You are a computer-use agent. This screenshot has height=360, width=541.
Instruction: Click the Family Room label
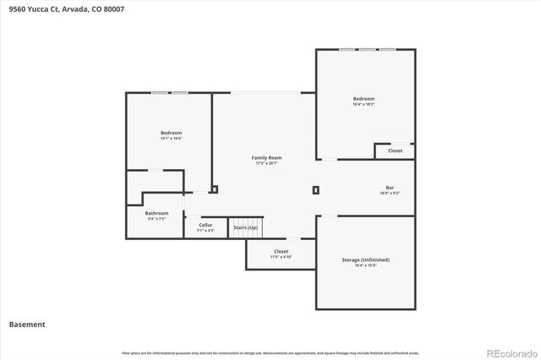click(266, 157)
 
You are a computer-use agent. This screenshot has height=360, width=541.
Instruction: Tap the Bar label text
click(390, 187)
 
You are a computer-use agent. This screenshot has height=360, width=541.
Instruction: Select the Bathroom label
click(156, 213)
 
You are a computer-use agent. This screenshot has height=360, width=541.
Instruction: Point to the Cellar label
click(205, 224)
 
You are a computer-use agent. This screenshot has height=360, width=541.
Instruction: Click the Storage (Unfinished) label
click(365, 259)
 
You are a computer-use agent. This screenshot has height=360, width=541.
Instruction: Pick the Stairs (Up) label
click(245, 228)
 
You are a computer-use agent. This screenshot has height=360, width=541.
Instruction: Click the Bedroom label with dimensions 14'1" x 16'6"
click(171, 133)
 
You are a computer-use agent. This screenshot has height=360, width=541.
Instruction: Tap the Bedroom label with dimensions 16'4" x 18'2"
click(364, 99)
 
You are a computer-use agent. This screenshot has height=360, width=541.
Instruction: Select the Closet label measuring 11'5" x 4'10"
click(281, 251)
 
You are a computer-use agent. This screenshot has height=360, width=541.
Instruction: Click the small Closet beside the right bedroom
click(395, 150)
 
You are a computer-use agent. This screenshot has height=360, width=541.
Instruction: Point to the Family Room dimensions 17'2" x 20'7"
click(266, 163)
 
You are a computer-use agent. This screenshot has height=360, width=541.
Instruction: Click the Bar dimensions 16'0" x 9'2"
click(390, 193)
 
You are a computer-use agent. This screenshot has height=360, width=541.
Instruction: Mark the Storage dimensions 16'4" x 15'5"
click(365, 265)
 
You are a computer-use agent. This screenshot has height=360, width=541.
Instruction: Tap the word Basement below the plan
click(27, 324)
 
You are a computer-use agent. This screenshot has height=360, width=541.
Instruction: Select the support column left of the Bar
click(316, 190)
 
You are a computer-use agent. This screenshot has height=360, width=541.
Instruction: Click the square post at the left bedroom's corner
click(215, 189)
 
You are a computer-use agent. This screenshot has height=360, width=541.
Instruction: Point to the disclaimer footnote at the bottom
click(270, 352)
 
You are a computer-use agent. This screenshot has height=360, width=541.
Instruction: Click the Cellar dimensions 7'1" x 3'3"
click(205, 230)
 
